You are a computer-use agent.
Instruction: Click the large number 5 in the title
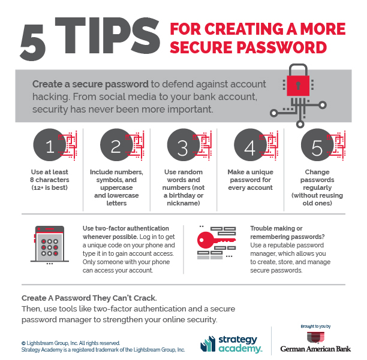[x=35, y=40]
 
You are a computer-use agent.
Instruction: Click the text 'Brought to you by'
[x=315, y=327]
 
